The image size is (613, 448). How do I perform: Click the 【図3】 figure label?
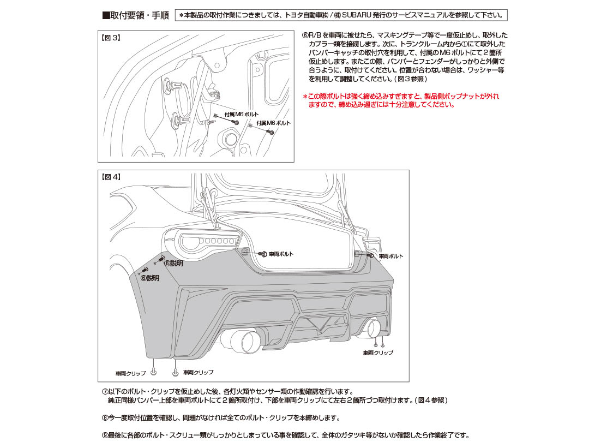111,38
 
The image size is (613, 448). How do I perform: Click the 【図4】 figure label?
111,177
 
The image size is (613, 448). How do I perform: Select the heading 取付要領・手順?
139,16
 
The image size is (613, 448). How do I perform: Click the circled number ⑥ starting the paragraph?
305,35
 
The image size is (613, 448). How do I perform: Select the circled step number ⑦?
105,392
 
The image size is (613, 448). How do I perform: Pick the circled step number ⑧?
105,418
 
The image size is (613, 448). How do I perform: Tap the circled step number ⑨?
105,435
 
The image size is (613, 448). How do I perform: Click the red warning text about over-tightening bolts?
401,100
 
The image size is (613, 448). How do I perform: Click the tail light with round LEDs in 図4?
207,241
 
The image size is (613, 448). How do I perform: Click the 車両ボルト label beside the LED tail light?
281,254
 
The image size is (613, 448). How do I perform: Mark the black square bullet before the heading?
106,16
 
